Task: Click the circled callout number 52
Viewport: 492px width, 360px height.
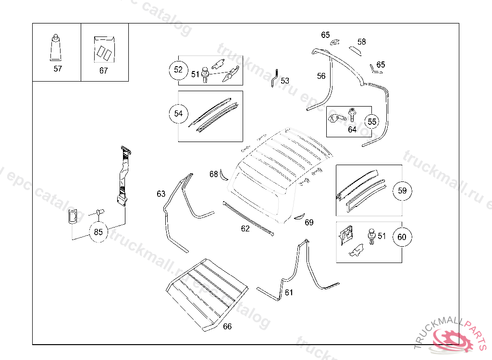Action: point(178,70)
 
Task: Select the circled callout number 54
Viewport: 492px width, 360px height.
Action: point(178,114)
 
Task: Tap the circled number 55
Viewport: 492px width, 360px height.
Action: point(372,121)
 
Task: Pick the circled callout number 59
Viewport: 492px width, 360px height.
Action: point(402,191)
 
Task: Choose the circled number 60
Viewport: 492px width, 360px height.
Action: point(402,237)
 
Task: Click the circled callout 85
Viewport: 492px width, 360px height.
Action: point(98,232)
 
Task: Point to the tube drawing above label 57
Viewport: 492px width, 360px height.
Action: point(57,48)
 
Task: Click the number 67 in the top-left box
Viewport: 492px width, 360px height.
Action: point(104,71)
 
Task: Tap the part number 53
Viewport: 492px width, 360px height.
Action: point(285,81)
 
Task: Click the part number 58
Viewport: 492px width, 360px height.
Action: point(362,42)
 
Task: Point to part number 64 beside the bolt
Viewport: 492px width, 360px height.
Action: point(352,129)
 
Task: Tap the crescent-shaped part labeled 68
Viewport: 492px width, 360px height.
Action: point(222,175)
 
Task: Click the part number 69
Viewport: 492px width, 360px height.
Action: point(309,222)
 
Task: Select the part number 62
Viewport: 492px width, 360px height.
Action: point(246,228)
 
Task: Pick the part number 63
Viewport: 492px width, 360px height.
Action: point(161,194)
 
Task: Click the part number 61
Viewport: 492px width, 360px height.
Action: point(289,292)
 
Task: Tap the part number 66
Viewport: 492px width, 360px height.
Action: point(227,326)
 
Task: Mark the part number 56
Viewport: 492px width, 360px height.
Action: point(321,76)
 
